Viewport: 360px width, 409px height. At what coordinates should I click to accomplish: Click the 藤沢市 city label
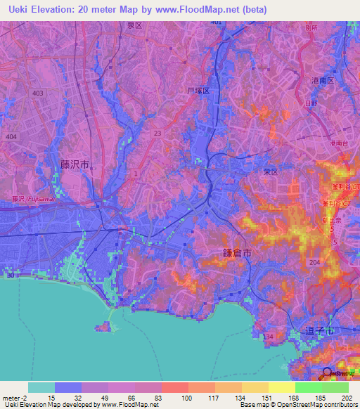click(74, 164)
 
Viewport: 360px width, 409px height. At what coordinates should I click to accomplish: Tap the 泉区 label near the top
click(134, 25)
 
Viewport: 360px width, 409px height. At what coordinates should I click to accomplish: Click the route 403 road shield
click(37, 93)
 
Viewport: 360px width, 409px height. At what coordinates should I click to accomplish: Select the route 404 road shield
click(11, 136)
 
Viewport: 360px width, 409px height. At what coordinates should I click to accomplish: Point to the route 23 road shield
click(157, 132)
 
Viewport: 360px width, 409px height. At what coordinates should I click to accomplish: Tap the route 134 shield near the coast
click(268, 337)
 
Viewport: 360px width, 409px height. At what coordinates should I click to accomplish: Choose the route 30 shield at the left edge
click(10, 275)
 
